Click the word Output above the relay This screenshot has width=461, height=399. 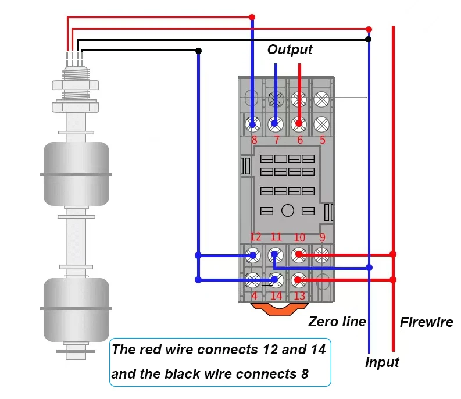290,50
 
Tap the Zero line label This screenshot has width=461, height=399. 337,322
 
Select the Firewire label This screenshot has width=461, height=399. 426,322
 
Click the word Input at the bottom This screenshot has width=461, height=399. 382,362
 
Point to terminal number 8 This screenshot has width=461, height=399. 254,140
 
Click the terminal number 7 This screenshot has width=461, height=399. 276,140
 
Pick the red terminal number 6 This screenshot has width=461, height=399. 299,140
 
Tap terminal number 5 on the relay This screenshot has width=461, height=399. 322,140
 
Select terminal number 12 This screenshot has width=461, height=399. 255,237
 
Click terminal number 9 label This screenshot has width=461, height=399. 322,237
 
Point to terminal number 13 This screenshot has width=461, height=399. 299,296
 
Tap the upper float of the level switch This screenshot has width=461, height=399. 76,174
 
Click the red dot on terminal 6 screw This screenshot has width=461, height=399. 299,123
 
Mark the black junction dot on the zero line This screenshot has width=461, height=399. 369,40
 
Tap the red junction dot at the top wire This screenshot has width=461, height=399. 252,17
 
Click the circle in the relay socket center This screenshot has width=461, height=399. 287,211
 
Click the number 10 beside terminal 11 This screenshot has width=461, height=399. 299,237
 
